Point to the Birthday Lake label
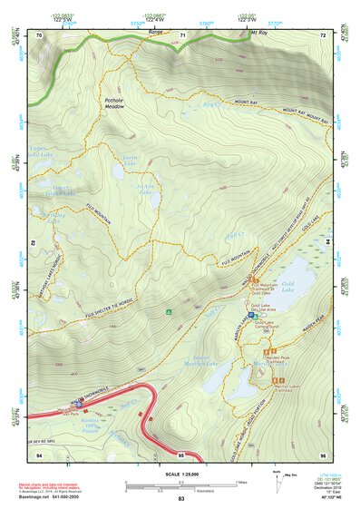tap(56, 218)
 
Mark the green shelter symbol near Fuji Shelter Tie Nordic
tap(169, 313)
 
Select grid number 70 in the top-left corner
tap(39, 35)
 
